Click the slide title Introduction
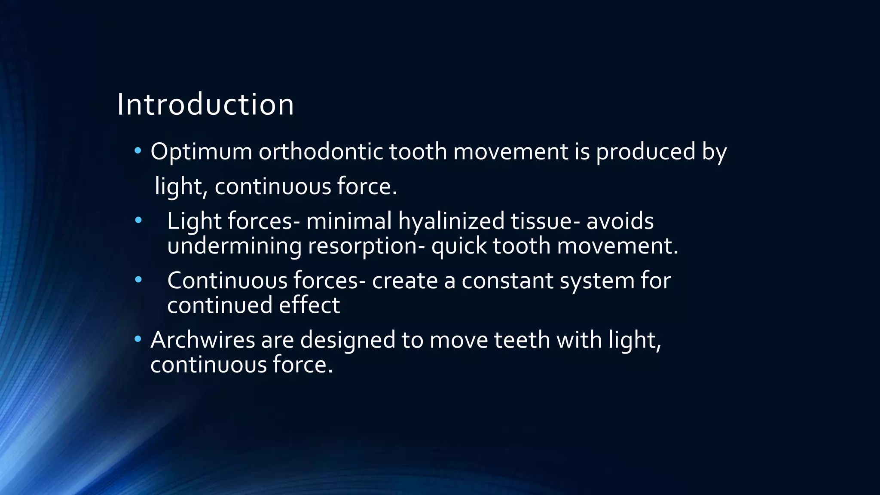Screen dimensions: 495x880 pyautogui.click(x=205, y=104)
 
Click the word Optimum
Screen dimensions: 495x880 pyautogui.click(x=201, y=152)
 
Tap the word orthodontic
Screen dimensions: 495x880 pyautogui.click(x=321, y=152)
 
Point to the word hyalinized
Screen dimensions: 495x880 pyautogui.click(x=451, y=222)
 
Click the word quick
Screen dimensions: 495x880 pyautogui.click(x=459, y=247)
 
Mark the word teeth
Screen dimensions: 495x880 pyautogui.click(x=522, y=340)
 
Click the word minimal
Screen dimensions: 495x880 pyautogui.click(x=349, y=222)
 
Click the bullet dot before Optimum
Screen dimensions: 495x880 pyautogui.click(x=137, y=151)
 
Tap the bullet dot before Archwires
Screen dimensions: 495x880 pyautogui.click(x=137, y=339)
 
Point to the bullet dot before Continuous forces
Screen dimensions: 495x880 pyautogui.click(x=137, y=280)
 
